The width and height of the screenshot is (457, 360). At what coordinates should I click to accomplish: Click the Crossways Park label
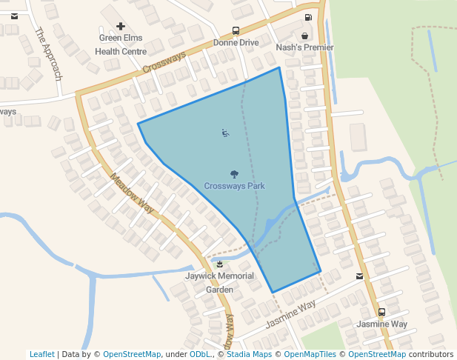click(234, 186)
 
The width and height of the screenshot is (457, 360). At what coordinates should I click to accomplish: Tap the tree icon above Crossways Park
click(234, 175)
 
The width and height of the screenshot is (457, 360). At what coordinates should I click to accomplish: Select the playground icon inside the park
click(225, 133)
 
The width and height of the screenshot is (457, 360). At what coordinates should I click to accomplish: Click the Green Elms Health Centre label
click(121, 44)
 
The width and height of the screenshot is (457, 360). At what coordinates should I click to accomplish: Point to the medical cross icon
click(121, 26)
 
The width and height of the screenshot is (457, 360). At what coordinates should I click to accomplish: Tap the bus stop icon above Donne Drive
click(236, 31)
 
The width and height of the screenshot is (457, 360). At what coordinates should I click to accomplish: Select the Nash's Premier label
click(304, 47)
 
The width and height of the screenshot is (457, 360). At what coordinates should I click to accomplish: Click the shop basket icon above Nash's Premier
click(304, 35)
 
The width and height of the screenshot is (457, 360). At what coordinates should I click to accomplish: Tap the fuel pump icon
click(308, 17)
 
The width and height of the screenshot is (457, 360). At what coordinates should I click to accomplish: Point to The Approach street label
click(48, 54)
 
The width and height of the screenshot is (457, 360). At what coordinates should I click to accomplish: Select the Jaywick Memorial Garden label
click(219, 283)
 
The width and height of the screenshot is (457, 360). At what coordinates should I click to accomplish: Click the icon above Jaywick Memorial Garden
click(219, 264)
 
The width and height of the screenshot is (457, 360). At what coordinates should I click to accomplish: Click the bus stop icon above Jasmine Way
click(381, 313)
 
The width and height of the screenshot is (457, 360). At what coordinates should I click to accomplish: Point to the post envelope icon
click(359, 276)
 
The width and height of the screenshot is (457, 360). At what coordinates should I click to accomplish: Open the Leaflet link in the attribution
click(41, 354)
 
